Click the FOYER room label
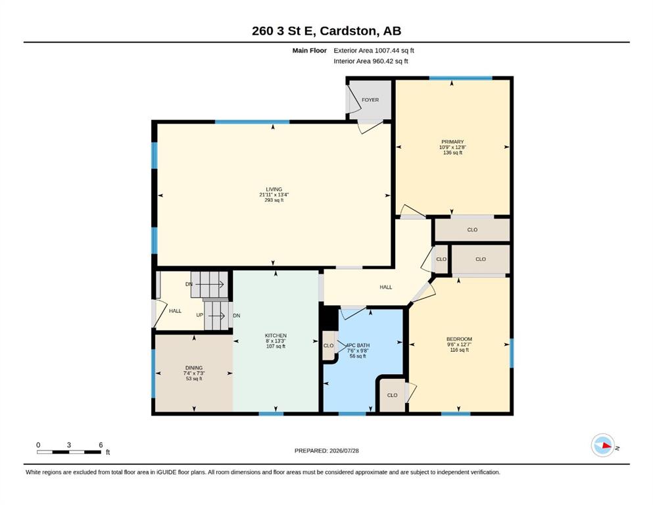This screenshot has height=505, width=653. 370,100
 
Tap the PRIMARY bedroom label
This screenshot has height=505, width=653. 452,142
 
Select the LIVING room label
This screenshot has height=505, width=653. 274,189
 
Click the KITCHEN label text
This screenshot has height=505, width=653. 276,335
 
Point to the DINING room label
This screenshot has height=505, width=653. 193,368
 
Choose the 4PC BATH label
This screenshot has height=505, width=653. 358,346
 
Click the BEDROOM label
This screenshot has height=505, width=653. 459,339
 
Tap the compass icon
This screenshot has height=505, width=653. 603,445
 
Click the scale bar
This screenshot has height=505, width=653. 69,452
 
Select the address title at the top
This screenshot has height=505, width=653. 326,31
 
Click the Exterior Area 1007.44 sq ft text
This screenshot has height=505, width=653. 374,51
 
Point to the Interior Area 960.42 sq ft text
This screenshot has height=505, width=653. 371,61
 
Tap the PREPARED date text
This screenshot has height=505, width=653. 326,450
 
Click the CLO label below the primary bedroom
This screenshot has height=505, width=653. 472,229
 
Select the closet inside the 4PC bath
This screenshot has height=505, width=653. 329,346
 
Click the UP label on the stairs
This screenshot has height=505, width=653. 200,315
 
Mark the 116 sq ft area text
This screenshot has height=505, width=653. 460,350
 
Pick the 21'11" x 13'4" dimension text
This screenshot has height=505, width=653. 274,195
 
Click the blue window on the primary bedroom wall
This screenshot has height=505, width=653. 460,78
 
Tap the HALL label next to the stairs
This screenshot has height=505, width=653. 176,311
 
